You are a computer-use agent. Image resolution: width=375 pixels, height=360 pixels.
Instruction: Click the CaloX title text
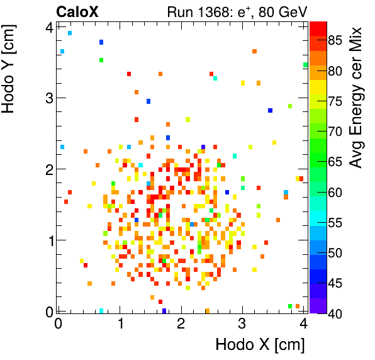77,11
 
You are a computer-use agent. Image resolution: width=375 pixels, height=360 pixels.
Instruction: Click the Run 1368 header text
236,11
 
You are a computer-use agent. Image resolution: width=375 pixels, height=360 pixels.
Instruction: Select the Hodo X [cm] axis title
260,345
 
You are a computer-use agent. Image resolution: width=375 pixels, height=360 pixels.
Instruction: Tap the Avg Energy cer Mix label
357,98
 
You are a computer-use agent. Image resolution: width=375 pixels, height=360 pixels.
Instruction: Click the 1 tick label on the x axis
120,323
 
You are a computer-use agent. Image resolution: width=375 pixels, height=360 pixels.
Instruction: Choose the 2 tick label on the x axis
181,323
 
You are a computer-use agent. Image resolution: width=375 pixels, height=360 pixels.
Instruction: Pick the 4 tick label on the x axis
303,323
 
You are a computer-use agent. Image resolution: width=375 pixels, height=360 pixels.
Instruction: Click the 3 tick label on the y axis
47,98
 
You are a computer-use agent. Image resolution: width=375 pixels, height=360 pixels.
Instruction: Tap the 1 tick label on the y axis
47,240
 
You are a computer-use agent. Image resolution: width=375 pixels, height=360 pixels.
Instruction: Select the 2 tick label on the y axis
47,169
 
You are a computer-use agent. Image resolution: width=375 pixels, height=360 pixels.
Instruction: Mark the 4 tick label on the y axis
47,26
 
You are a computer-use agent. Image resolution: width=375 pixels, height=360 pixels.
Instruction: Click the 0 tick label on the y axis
47,311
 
